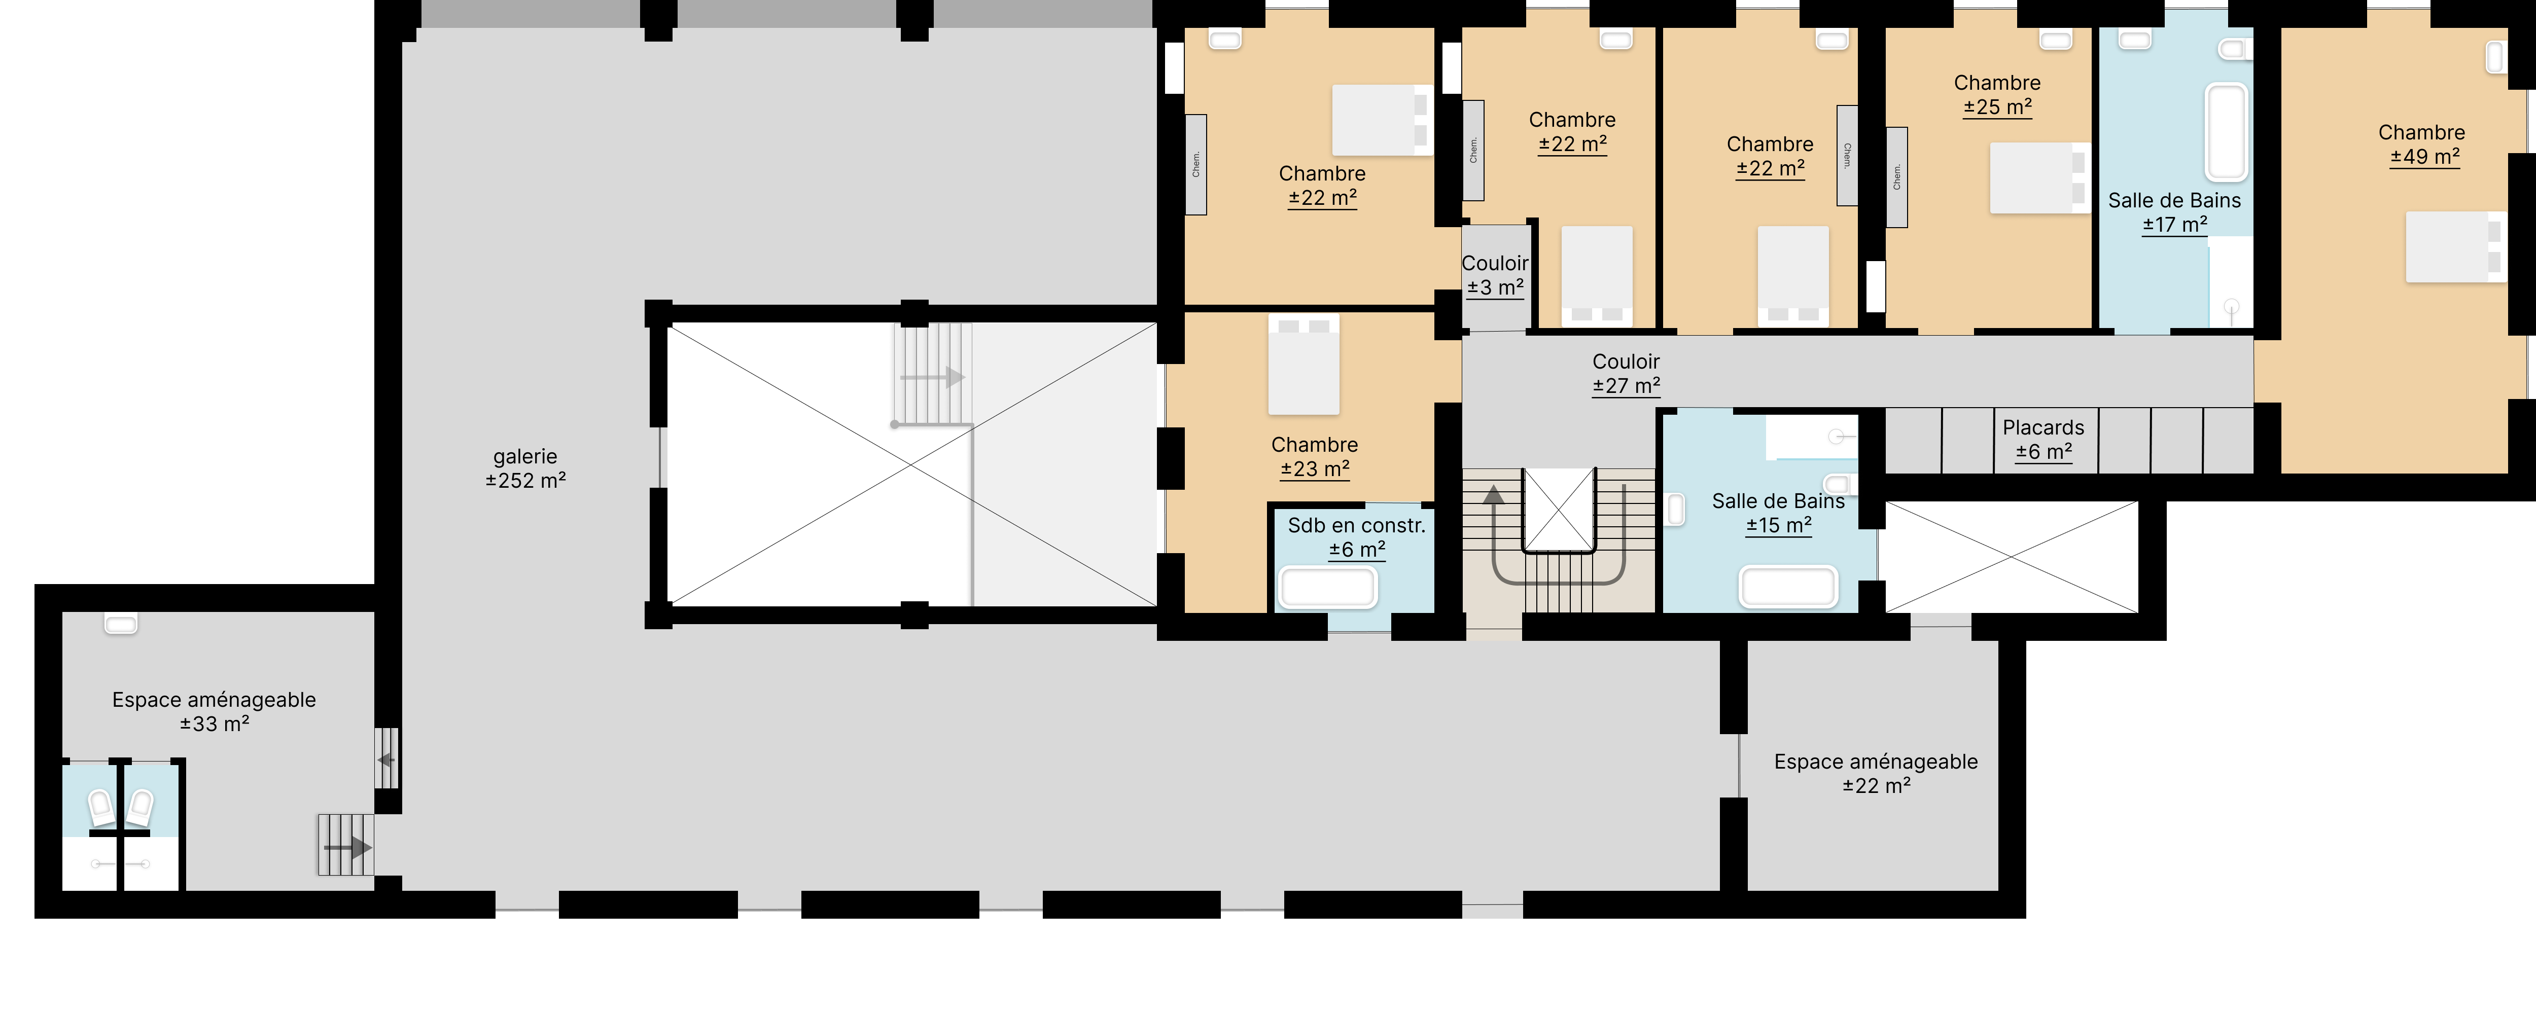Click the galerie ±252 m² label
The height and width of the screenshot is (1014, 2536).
coord(525,468)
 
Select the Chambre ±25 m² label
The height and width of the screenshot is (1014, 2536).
coord(1997,94)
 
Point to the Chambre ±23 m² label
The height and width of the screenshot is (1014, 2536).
coord(1314,457)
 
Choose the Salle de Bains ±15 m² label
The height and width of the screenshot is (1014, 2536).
coord(1778,513)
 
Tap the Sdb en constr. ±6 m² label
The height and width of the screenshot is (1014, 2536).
coord(1357,537)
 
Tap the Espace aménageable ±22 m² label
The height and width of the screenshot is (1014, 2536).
coord(1877,774)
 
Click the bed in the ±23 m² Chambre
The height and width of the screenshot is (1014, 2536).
coord(1304,364)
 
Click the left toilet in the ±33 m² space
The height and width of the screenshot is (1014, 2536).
coord(101,807)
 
